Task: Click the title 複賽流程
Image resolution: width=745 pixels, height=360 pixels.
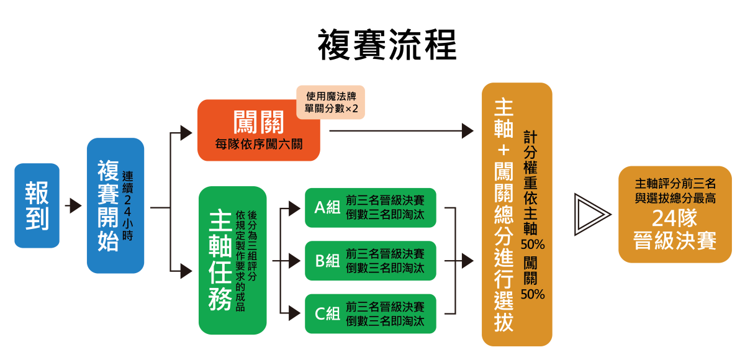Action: [x=387, y=45]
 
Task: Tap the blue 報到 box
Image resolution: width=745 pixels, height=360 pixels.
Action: [x=37, y=205]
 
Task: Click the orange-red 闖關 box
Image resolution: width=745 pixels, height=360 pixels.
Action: [x=258, y=130]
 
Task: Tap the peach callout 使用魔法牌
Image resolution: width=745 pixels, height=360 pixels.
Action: [x=330, y=102]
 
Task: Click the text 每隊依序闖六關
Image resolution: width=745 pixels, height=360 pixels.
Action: [x=258, y=145]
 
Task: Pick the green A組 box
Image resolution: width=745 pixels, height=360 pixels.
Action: [x=370, y=207]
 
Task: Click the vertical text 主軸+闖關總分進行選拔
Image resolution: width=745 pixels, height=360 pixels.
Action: [x=503, y=214]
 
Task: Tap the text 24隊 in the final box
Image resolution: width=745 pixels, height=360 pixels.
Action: [x=674, y=218]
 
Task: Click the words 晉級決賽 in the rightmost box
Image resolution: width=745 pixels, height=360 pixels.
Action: [x=674, y=241]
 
